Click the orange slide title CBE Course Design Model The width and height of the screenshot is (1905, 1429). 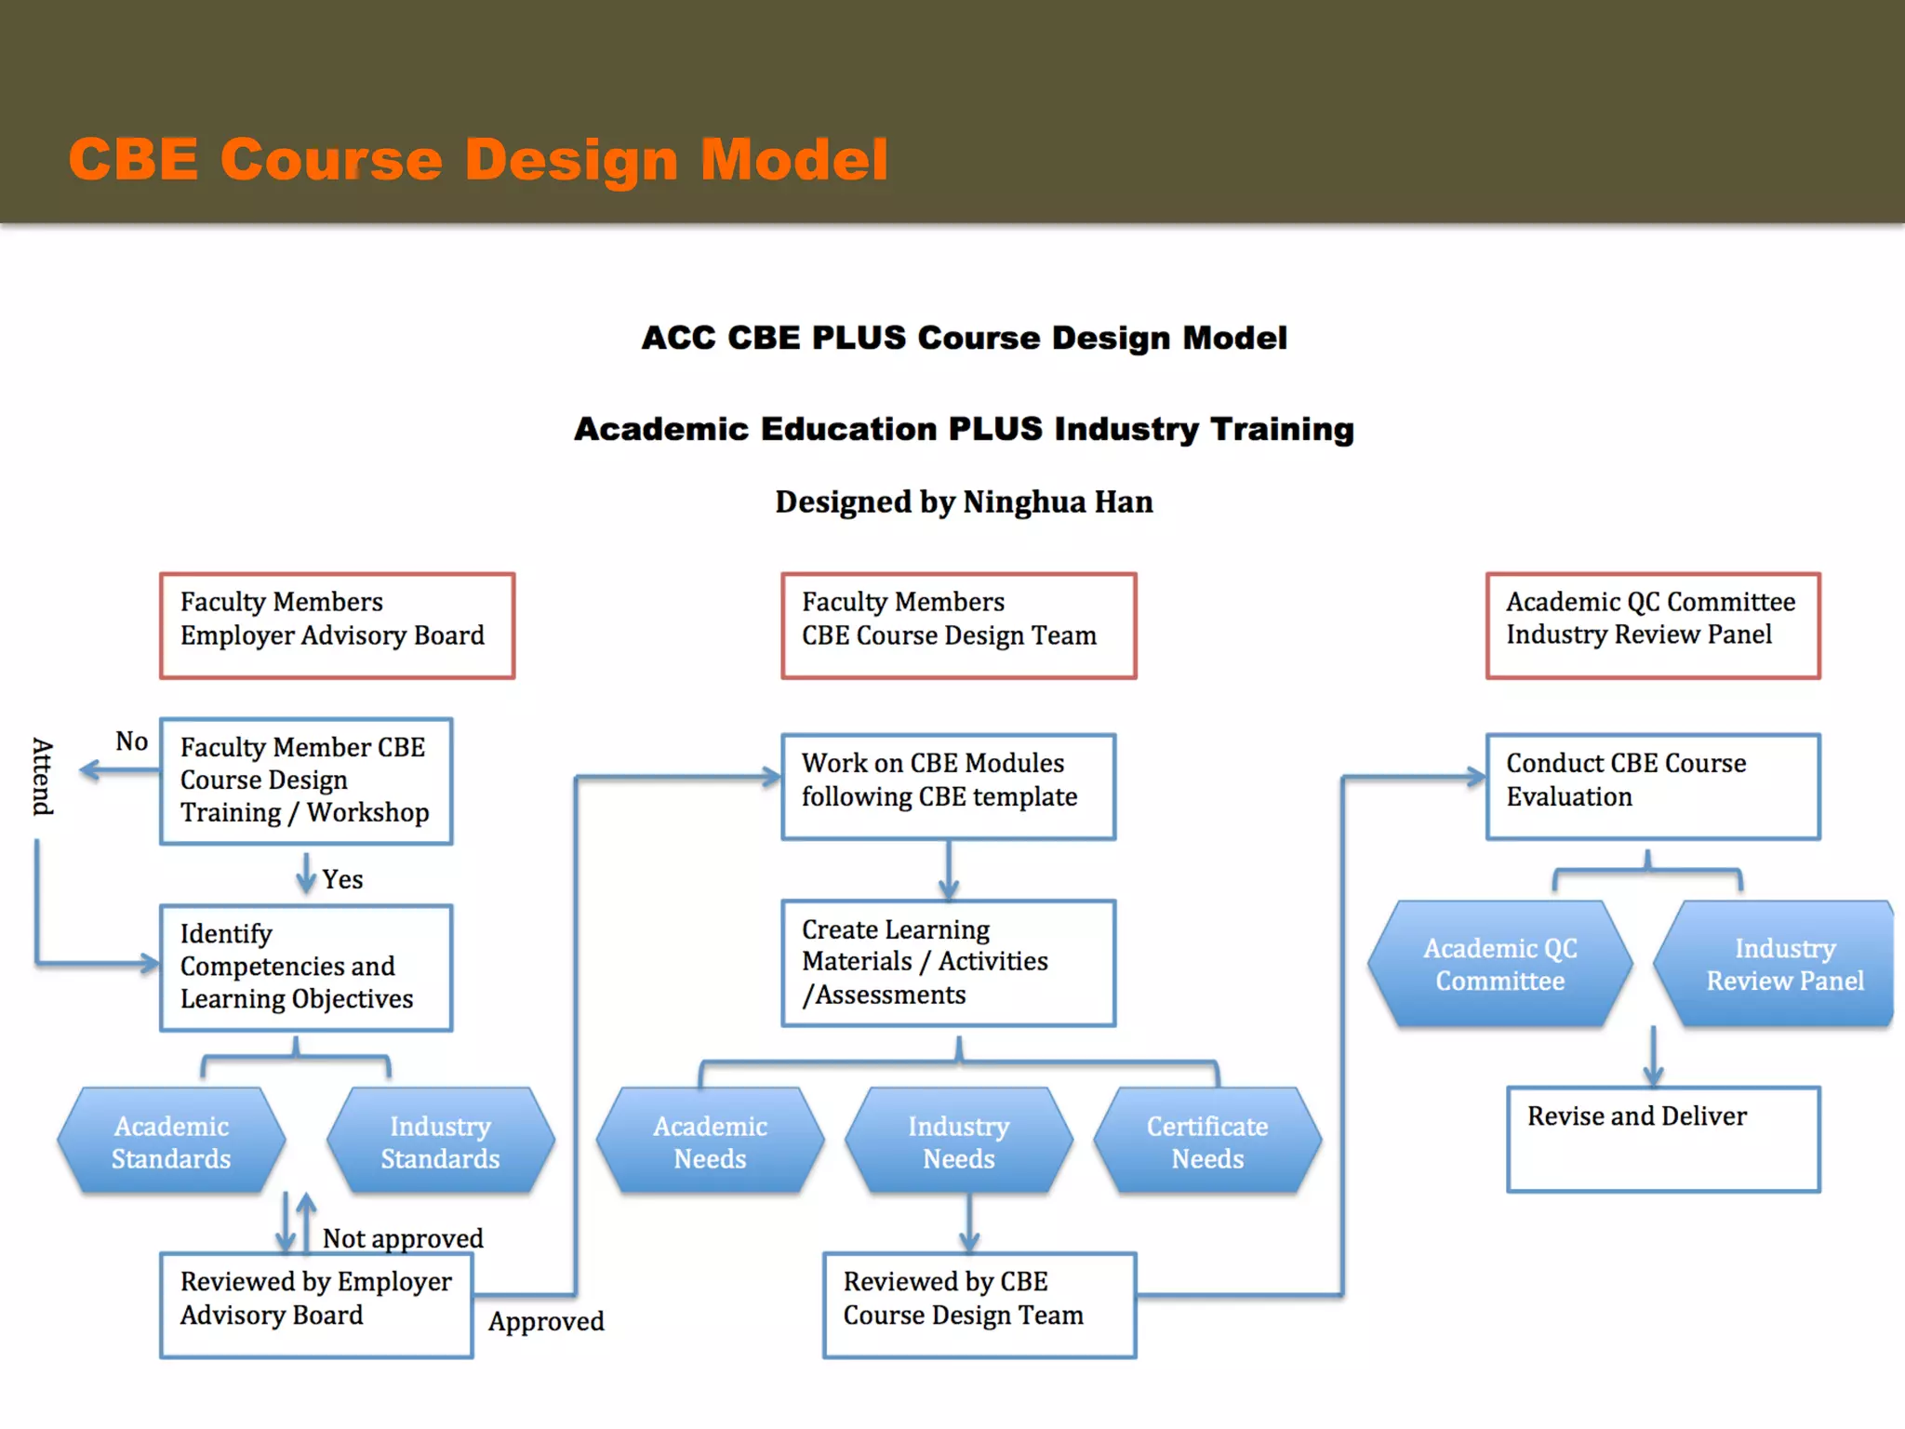point(478,159)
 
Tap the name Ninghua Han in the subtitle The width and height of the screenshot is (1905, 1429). point(1058,502)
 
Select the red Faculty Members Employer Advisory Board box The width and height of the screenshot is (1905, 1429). point(337,625)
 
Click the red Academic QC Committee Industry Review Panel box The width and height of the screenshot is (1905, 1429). point(1652,625)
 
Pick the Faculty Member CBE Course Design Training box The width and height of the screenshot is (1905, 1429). point(306,781)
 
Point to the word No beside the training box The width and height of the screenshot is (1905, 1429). point(132,741)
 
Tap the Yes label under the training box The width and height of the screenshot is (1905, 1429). point(342,879)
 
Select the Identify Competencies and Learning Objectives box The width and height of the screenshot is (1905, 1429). point(306,968)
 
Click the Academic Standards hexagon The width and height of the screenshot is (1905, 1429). point(171,1142)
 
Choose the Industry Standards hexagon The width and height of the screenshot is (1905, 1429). point(440,1142)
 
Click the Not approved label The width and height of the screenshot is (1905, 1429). point(403,1238)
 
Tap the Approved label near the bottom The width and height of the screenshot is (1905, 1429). point(546,1321)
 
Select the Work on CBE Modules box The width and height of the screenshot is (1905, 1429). point(948,786)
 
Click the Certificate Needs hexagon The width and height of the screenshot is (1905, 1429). point(1207,1142)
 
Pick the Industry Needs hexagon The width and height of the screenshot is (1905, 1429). point(958,1142)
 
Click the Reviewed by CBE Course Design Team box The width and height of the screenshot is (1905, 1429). point(979,1304)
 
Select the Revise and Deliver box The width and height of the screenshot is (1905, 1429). point(1663,1139)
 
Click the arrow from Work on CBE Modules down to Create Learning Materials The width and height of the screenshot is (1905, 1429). point(949,870)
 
